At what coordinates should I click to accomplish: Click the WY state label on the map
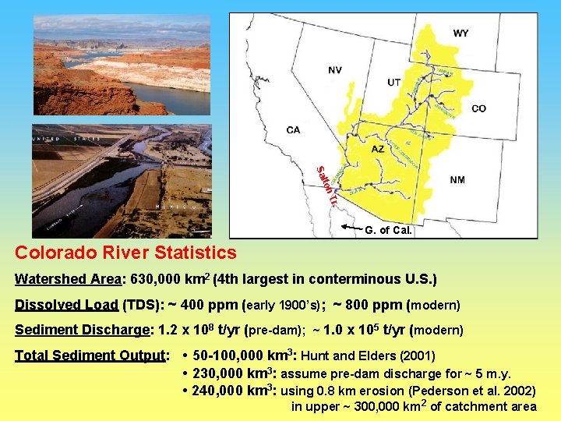pyautogui.click(x=461, y=34)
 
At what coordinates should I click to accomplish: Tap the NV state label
pyautogui.click(x=334, y=69)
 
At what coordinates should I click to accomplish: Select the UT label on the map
pyautogui.click(x=395, y=83)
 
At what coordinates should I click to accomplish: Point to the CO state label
pyautogui.click(x=478, y=109)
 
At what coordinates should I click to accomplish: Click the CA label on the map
pyautogui.click(x=293, y=130)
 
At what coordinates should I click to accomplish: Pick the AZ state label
pyautogui.click(x=377, y=149)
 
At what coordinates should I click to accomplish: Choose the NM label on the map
pyautogui.click(x=457, y=180)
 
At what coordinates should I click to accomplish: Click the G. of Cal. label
pyautogui.click(x=389, y=230)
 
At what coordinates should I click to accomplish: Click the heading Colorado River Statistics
pyautogui.click(x=125, y=253)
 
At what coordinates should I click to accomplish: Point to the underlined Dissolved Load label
pyautogui.click(x=66, y=304)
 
